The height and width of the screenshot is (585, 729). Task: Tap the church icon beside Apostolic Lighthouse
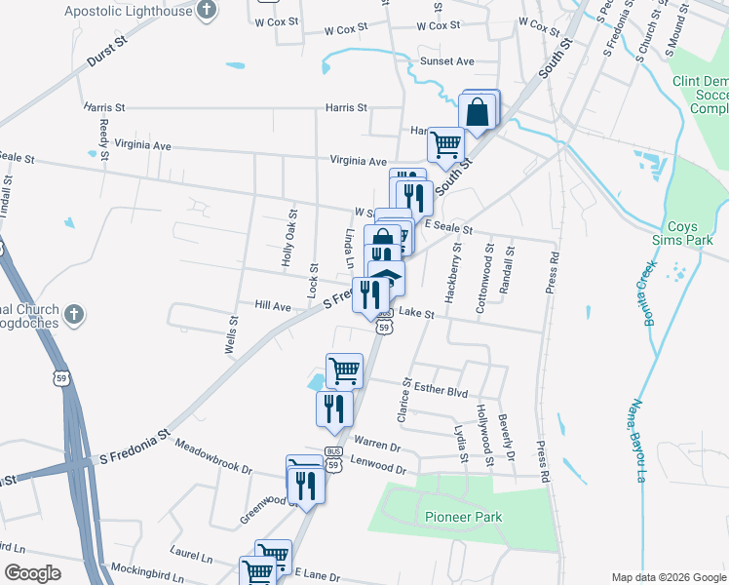click(206, 11)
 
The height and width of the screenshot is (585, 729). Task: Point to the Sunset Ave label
click(446, 61)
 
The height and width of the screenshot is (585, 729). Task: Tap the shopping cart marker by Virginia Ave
click(445, 145)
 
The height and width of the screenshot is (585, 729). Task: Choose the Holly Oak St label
click(288, 238)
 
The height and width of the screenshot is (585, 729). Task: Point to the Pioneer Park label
click(463, 516)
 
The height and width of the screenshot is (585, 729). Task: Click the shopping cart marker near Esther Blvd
click(343, 370)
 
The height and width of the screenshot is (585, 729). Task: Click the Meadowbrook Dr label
click(212, 457)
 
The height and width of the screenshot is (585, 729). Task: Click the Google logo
click(31, 573)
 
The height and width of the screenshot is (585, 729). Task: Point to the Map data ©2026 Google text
click(668, 577)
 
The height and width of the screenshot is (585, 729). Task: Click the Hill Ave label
click(273, 306)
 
